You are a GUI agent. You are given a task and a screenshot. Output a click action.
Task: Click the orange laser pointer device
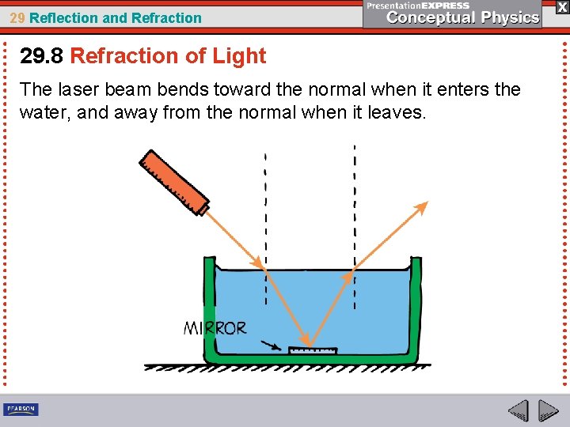click(x=174, y=181)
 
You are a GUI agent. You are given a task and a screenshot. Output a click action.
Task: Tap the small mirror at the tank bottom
click(x=312, y=350)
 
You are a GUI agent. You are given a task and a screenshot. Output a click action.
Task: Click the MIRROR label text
click(x=215, y=328)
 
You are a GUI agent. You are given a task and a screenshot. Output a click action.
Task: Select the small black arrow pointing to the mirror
click(x=272, y=346)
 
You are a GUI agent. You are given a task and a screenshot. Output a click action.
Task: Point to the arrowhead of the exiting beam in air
click(x=422, y=207)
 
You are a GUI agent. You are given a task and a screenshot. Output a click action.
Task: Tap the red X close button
click(x=561, y=7)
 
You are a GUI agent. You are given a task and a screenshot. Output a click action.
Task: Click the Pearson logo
click(x=21, y=409)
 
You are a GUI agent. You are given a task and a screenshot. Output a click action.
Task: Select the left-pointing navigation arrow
click(x=518, y=410)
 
